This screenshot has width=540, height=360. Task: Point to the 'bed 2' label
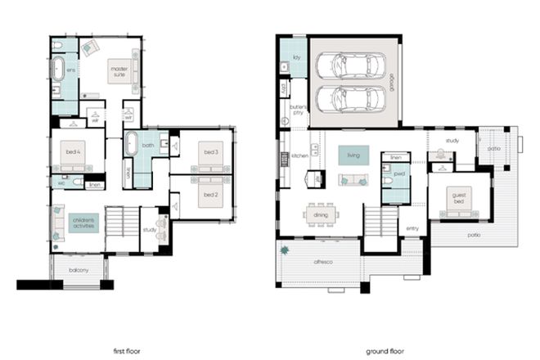211,194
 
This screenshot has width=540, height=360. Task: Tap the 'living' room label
353,154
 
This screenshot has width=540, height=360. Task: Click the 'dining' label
321,215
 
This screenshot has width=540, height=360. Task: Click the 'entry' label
412,228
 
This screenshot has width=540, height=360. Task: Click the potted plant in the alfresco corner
285,250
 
